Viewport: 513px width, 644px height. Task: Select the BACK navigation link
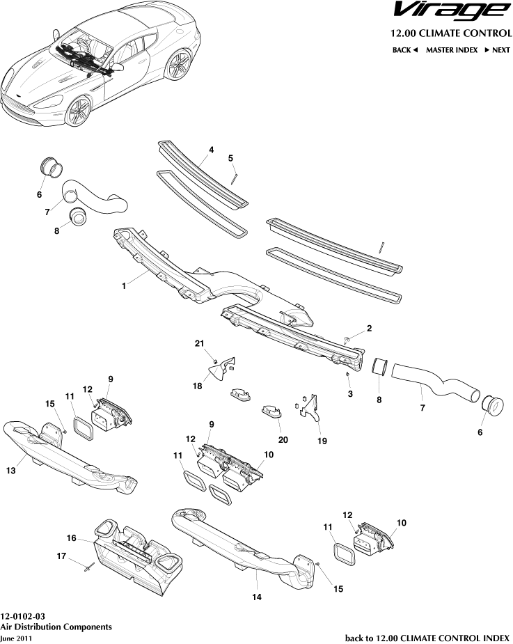pyautogui.click(x=404, y=50)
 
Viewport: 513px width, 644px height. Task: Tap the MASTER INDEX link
pyautogui.click(x=452, y=50)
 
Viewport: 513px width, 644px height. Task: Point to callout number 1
pyautogui.click(x=125, y=285)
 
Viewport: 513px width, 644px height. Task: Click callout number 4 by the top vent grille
pyautogui.click(x=211, y=150)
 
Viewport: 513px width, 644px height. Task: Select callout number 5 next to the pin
pyautogui.click(x=230, y=159)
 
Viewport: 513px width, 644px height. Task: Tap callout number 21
pyautogui.click(x=199, y=344)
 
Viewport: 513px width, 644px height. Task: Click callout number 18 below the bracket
pyautogui.click(x=198, y=386)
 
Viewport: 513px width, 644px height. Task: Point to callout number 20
pyautogui.click(x=282, y=439)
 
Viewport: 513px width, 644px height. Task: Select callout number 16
pyautogui.click(x=71, y=537)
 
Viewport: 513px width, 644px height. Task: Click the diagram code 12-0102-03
pyautogui.click(x=23, y=616)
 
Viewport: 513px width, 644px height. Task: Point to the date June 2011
pyautogui.click(x=16, y=638)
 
